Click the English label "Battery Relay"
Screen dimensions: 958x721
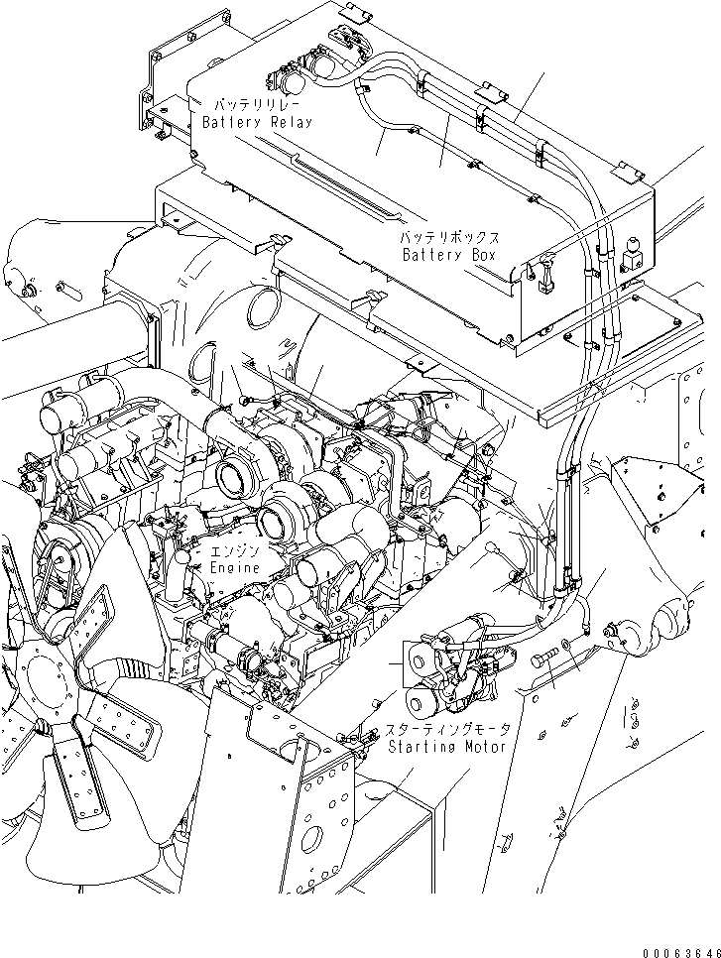coord(257,122)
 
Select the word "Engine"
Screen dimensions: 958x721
coord(235,567)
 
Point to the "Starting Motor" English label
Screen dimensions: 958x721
coord(447,747)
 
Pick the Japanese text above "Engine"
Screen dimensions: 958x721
coord(234,550)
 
